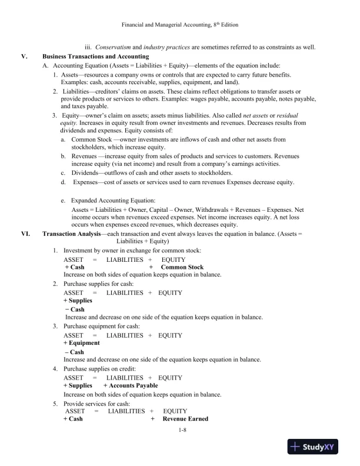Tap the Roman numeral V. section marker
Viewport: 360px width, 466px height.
point(24,56)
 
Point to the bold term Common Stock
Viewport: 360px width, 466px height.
point(182,267)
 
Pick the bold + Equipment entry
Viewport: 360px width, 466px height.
point(81,343)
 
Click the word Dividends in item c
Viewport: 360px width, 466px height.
point(86,173)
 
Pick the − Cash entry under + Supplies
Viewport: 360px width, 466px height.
point(75,309)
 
